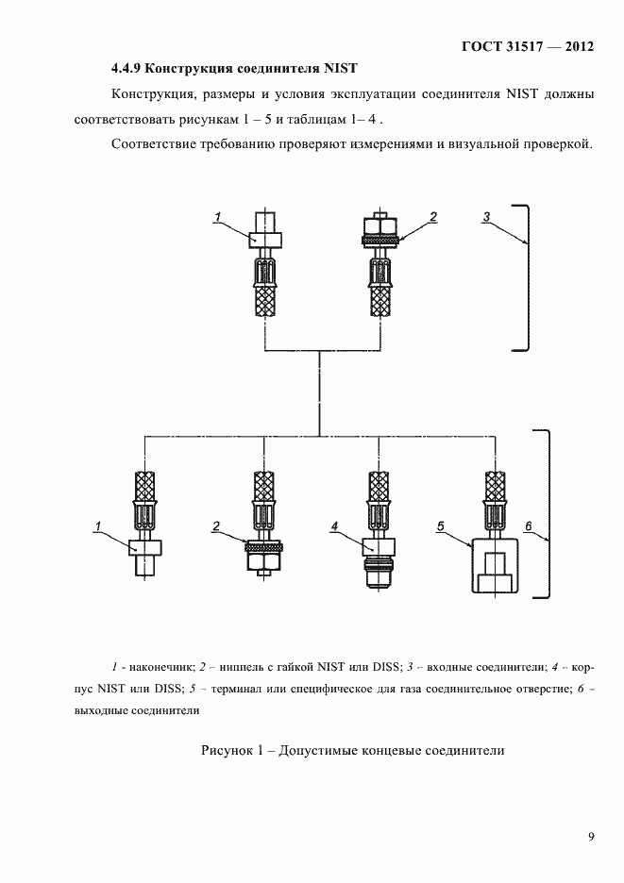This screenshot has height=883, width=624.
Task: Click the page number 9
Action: tap(590, 837)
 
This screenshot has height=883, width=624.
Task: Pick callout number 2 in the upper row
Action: tap(433, 217)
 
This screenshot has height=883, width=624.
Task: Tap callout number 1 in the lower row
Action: tap(97, 524)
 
